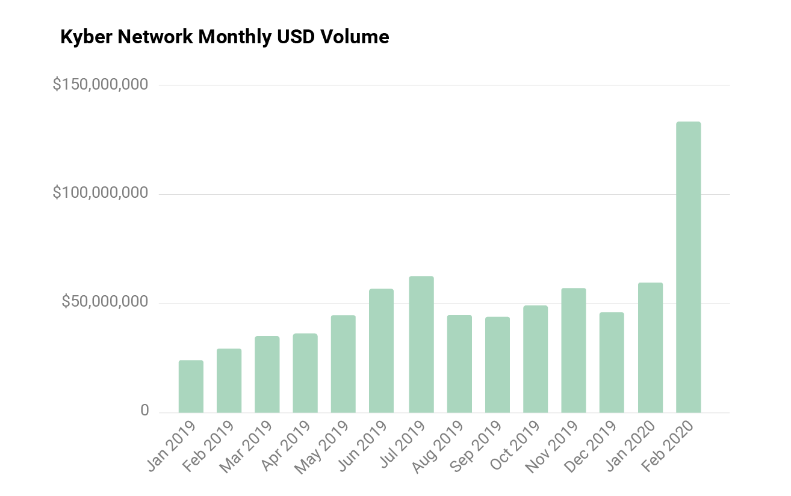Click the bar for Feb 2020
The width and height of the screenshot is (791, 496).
click(688, 267)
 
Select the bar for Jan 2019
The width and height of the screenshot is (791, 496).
click(191, 386)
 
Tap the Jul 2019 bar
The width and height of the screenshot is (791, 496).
click(421, 344)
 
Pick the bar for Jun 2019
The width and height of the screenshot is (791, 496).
click(381, 351)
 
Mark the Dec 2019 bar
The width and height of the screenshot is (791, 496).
click(612, 362)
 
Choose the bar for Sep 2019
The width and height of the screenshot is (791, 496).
click(497, 364)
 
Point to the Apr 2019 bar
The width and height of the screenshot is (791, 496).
click(305, 373)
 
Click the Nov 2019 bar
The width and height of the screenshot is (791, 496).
click(574, 350)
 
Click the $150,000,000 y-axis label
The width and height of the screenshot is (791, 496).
click(101, 85)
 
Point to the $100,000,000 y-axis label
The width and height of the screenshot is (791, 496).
click(101, 194)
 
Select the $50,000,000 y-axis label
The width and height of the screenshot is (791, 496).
click(105, 302)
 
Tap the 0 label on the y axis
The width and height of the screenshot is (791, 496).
click(144, 411)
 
